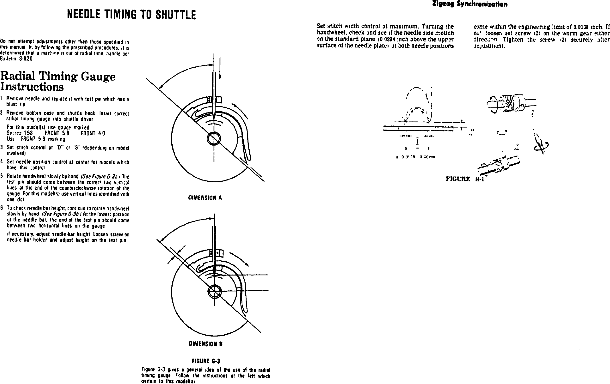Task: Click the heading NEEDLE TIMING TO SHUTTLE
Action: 131,14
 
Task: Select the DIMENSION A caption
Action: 205,198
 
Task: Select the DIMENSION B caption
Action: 205,344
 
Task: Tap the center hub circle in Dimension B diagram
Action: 214,292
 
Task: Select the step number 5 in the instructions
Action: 2,177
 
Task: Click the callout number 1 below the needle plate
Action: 418,141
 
